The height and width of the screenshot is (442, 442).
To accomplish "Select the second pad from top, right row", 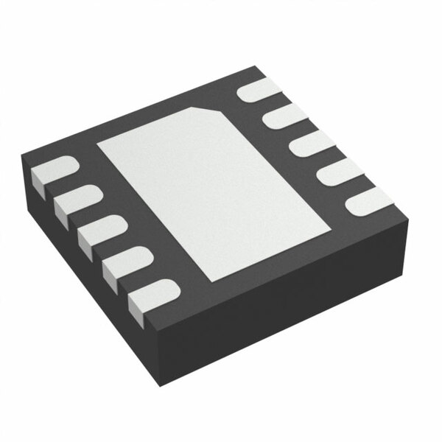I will [x=284, y=116].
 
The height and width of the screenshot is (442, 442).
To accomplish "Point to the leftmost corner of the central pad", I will [x=97, y=144].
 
